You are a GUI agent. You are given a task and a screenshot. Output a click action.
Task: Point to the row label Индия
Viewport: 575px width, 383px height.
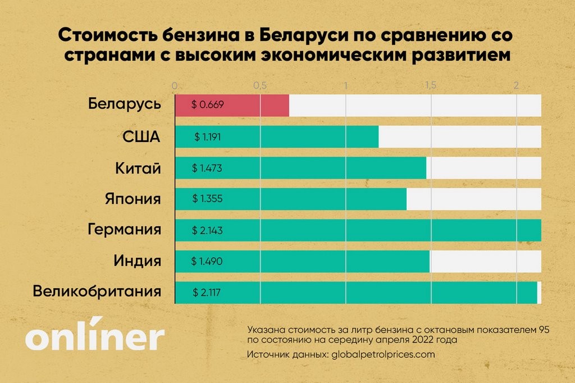click(x=137, y=261)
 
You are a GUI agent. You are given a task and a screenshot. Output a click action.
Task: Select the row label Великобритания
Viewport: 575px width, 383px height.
click(x=97, y=291)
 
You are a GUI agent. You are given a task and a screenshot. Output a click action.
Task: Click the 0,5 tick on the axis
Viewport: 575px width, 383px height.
click(x=259, y=86)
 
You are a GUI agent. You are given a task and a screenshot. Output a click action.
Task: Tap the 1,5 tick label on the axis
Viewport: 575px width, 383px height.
click(x=430, y=86)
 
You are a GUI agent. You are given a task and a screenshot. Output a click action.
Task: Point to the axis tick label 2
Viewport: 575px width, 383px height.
click(x=515, y=86)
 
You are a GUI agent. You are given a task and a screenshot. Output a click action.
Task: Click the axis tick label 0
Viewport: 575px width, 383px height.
click(x=175, y=86)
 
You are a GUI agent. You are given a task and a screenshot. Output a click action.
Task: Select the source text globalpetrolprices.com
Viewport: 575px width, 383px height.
click(x=383, y=355)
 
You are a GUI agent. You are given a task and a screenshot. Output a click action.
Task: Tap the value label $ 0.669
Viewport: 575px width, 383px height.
click(x=208, y=106)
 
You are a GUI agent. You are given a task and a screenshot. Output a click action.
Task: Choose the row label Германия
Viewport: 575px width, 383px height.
click(x=125, y=229)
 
